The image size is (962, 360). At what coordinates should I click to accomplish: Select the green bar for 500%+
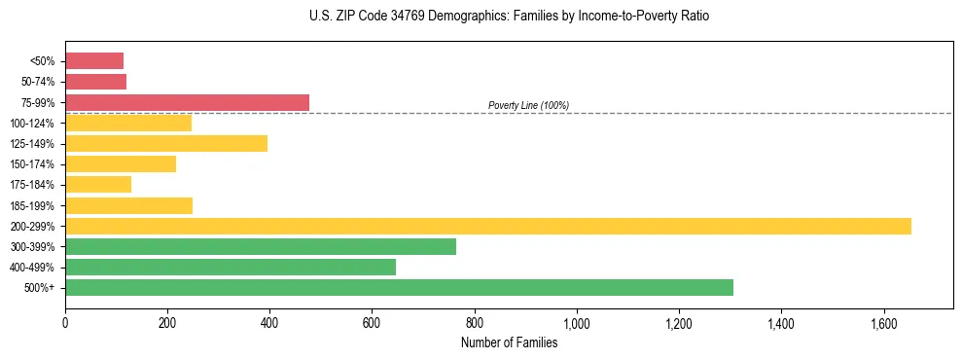click(399, 287)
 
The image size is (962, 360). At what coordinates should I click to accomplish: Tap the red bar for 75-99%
click(187, 102)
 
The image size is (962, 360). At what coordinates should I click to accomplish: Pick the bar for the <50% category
click(94, 60)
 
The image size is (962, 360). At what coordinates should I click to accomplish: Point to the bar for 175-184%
click(98, 184)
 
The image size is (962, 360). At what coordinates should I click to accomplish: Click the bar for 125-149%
click(166, 143)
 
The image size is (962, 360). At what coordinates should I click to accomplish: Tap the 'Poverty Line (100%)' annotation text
click(528, 105)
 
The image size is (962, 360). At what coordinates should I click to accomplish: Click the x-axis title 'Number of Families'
click(509, 342)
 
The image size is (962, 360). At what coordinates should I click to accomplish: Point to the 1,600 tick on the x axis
click(883, 322)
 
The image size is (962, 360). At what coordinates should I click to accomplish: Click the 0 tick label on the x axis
click(65, 322)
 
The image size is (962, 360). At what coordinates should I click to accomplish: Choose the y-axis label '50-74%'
click(38, 82)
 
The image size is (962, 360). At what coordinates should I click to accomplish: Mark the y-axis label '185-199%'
click(35, 205)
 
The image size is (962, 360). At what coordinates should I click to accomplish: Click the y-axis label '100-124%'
click(35, 123)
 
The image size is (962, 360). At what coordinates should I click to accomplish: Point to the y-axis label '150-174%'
click(35, 164)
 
